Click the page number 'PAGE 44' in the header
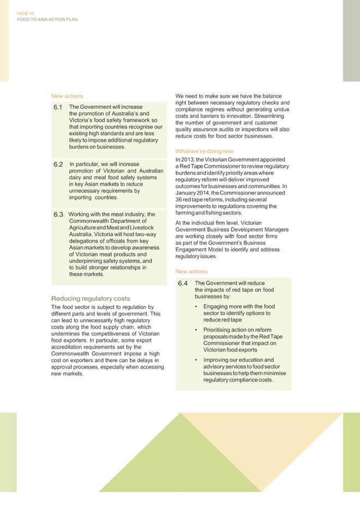pos(26,13)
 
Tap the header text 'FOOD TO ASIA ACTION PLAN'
pos(47,19)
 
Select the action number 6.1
pos(58,107)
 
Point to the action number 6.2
pos(58,164)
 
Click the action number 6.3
pos(58,214)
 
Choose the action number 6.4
pos(183,284)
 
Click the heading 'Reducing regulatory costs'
pos(91,298)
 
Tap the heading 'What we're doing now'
pos(205,151)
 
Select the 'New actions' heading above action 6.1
pos(67,96)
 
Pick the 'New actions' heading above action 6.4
pos(191,271)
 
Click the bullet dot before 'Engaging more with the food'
pos(196,307)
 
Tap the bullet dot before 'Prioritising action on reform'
pos(196,330)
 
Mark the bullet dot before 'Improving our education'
pos(196,360)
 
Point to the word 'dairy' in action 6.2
pos(76,177)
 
